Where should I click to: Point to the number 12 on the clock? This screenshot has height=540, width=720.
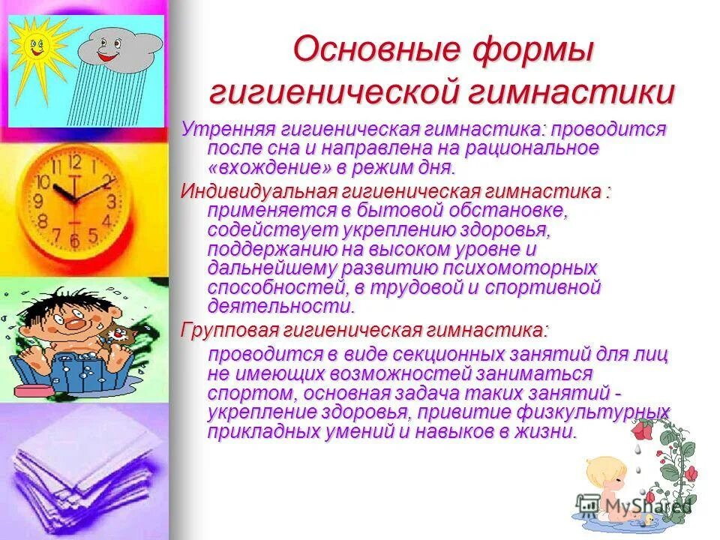click(73, 162)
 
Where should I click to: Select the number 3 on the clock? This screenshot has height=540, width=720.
click(111, 201)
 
